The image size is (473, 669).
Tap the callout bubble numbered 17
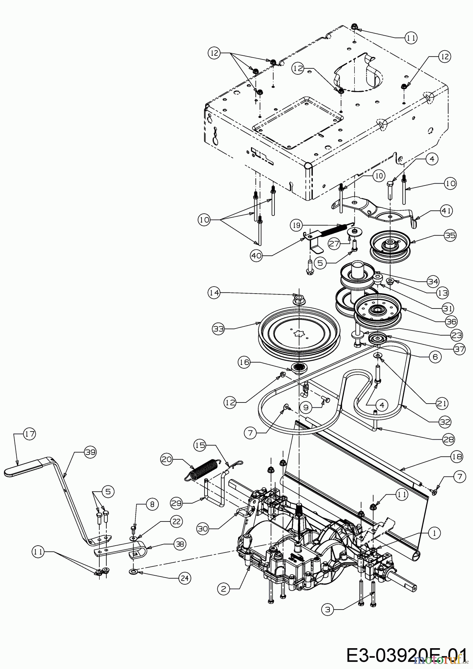[x=29, y=433]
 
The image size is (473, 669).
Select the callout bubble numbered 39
[x=90, y=452]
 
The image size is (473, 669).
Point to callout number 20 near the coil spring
[x=167, y=459]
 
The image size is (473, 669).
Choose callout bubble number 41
[x=447, y=211]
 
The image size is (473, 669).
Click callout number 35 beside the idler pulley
[x=450, y=235]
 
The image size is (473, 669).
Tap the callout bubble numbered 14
[x=214, y=293]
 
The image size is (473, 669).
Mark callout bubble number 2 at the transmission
[x=223, y=588]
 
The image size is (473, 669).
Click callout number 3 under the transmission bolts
[x=327, y=609]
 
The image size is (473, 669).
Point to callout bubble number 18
[x=457, y=457]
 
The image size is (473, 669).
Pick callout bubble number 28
[x=449, y=439]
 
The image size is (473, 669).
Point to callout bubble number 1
[x=434, y=533]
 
